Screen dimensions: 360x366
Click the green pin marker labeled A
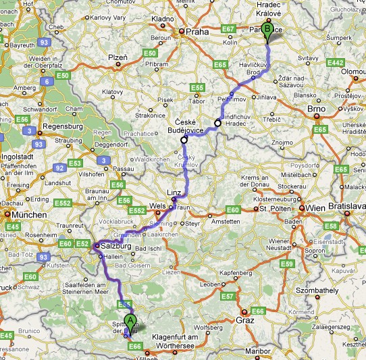[130, 322]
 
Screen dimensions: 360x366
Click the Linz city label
[175, 192]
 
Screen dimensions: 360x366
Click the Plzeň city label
[118, 58]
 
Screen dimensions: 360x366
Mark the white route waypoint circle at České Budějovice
[184, 140]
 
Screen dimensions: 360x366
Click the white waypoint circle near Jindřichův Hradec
[217, 123]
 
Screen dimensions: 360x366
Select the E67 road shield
[228, 29]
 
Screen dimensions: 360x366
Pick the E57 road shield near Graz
[228, 296]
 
